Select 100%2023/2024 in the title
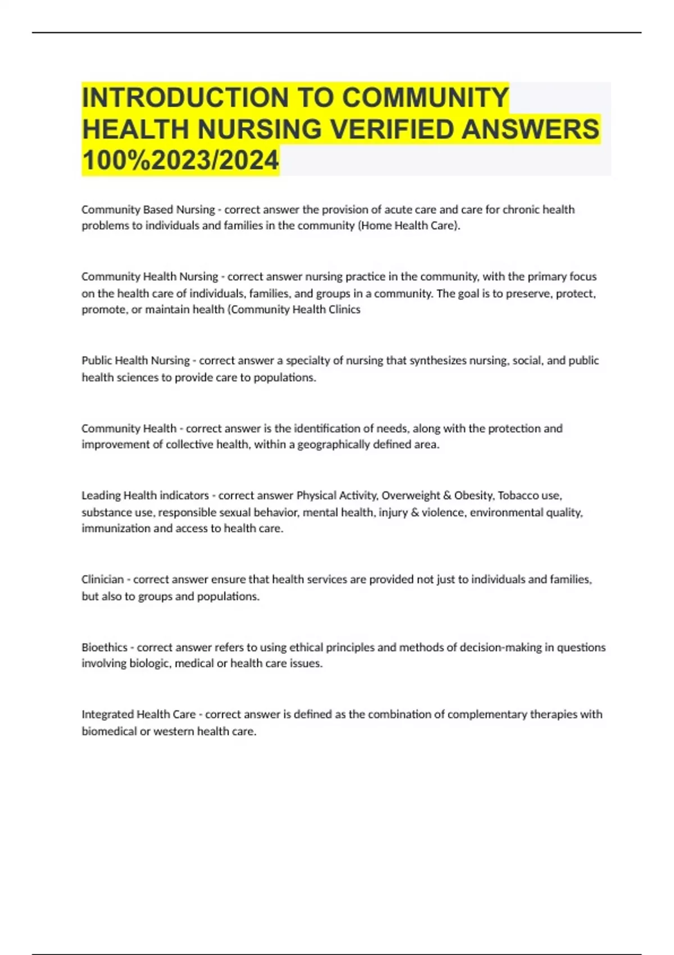[x=180, y=160]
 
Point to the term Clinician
[x=102, y=579]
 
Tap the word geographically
[x=333, y=444]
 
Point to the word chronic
[x=521, y=210]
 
